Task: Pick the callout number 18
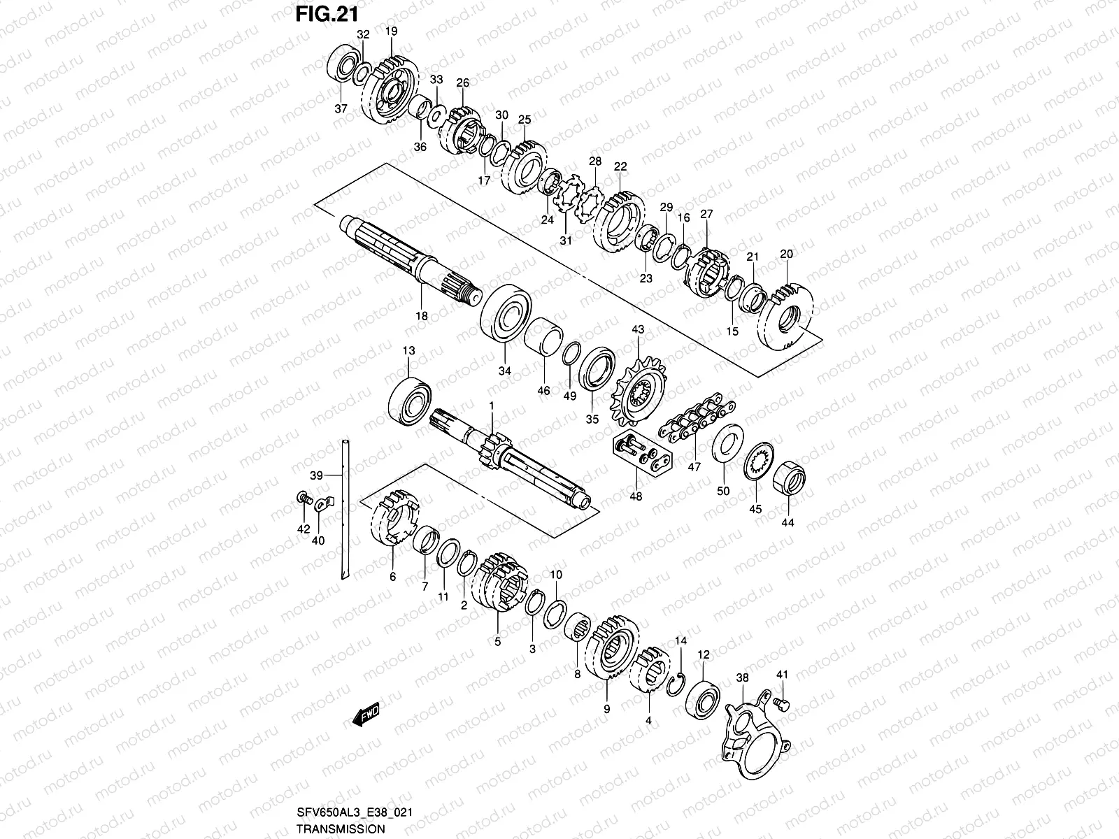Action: click(x=421, y=316)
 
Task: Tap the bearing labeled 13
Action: click(x=411, y=401)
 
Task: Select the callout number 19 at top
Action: click(x=391, y=31)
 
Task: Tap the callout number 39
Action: click(x=316, y=475)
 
